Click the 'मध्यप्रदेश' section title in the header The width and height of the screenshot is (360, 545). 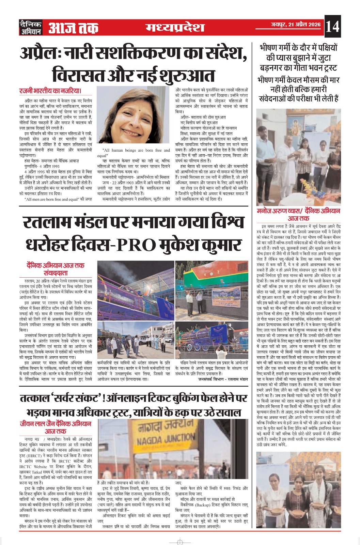click(x=175, y=27)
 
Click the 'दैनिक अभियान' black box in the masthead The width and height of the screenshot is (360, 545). click(x=31, y=27)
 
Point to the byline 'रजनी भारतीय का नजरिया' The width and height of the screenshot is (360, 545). click(x=51, y=91)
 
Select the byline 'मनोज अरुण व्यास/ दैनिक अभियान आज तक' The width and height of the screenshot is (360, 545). click(x=298, y=214)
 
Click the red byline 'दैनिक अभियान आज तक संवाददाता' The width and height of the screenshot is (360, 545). click(x=56, y=269)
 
